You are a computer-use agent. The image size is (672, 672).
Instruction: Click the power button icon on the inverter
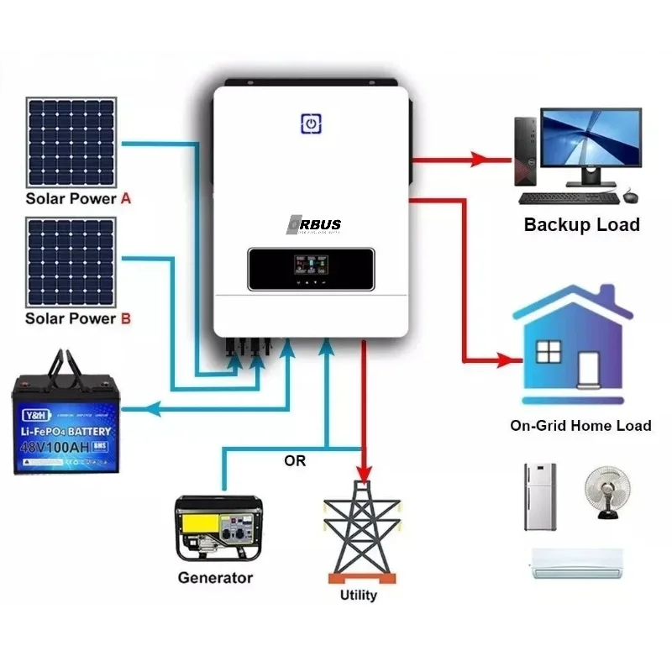pos(312,123)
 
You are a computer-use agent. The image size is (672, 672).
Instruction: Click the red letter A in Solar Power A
pos(126,199)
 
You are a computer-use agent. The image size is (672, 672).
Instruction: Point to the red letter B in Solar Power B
pos(126,318)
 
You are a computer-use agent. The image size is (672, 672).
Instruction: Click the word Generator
pos(215,578)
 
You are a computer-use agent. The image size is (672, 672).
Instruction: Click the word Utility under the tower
pos(358,595)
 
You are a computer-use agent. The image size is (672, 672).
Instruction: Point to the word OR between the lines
pos(296,461)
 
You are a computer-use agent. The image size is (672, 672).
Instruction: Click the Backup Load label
pos(581,224)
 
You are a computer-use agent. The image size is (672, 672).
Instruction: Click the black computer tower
pos(524,152)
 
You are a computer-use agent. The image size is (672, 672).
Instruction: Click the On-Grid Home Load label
pos(580,426)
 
